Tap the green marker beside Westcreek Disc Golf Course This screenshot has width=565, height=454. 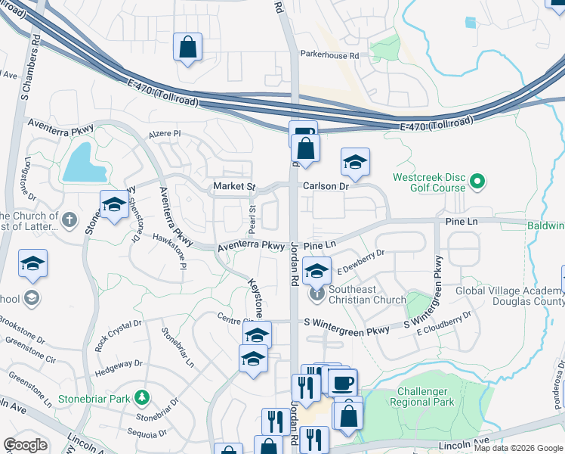[477, 182]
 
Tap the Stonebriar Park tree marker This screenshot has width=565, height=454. [141, 396]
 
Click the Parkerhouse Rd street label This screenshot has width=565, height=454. [333, 55]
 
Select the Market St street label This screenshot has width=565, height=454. [233, 186]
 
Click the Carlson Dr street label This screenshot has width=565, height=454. [324, 186]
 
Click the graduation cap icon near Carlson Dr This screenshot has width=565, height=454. [355, 161]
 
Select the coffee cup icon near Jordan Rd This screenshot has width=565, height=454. [342, 382]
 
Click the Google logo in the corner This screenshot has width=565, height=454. [25, 445]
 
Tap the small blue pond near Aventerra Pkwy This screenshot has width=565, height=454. [85, 163]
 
